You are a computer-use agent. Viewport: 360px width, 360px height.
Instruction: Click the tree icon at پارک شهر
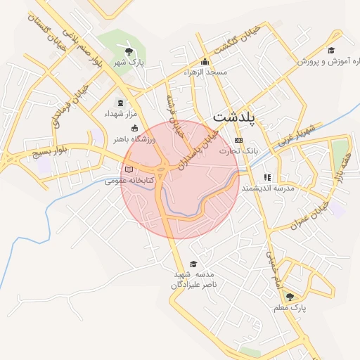coord(127,51)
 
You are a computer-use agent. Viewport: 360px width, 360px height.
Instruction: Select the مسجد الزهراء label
coord(205,72)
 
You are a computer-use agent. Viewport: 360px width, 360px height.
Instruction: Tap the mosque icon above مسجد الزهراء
coord(205,61)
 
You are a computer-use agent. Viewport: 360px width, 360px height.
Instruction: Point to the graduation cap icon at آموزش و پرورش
coord(330,51)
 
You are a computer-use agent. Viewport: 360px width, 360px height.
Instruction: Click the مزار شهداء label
coord(119,114)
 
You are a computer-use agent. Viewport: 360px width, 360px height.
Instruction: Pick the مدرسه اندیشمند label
coord(267,188)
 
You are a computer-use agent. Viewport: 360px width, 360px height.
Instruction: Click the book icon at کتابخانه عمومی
coord(128,169)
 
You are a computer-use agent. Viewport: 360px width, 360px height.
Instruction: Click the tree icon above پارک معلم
coord(290,297)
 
